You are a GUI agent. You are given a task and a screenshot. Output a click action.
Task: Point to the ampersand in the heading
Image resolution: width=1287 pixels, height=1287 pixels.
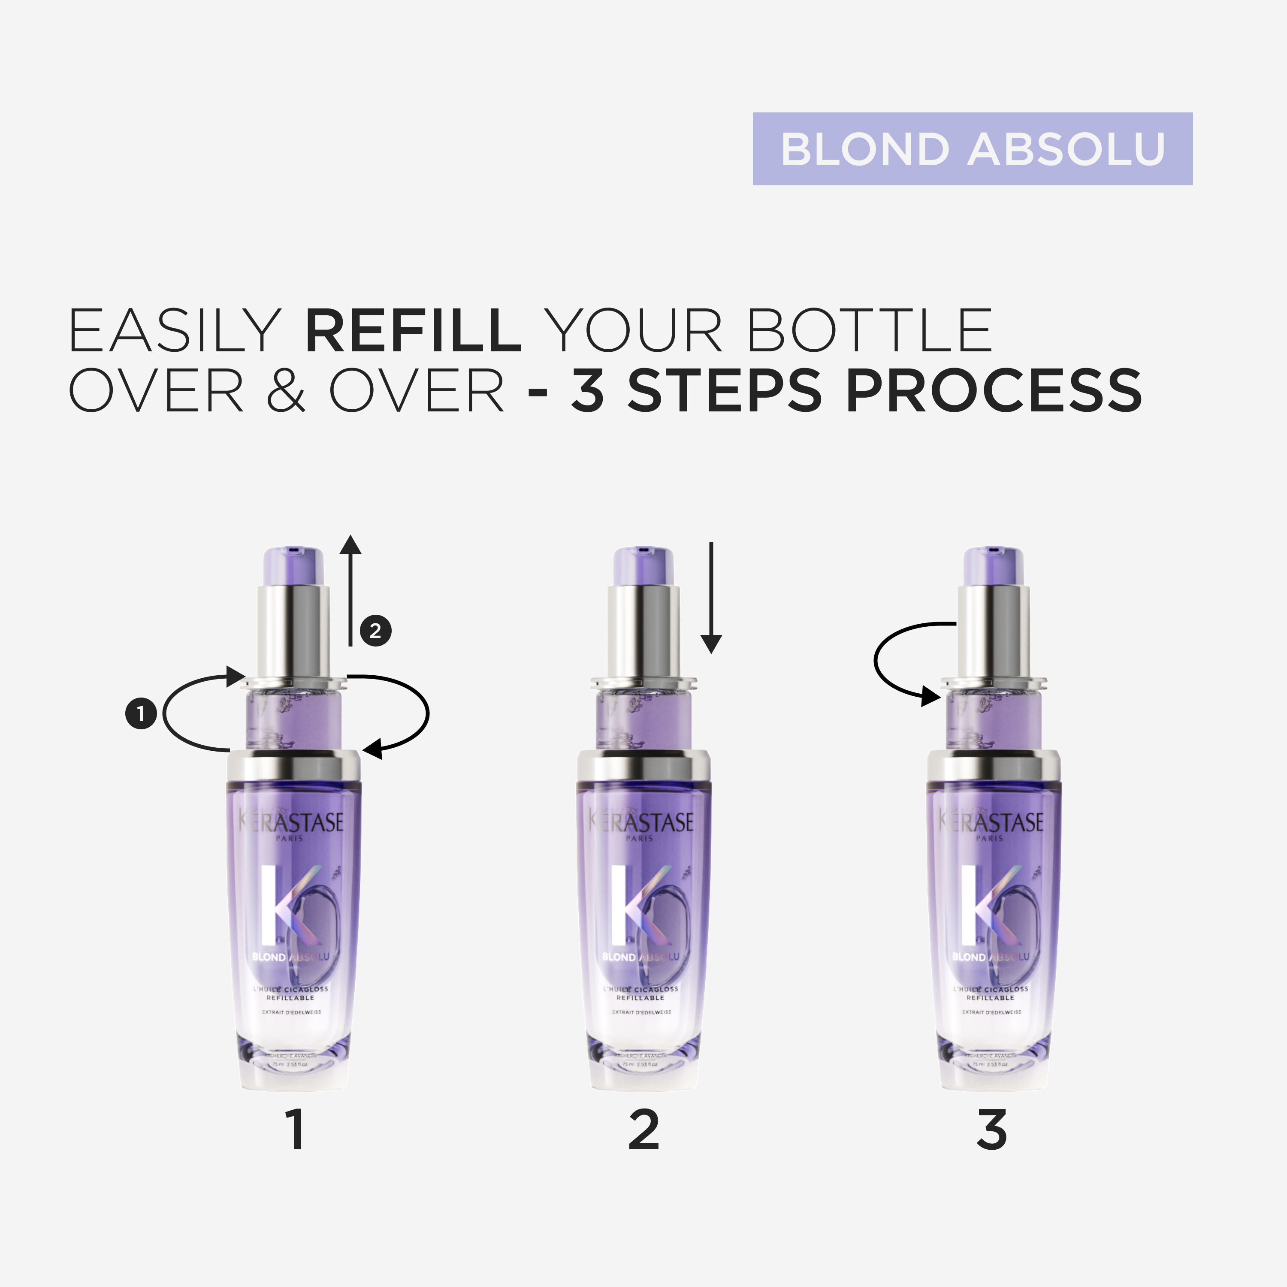click(286, 391)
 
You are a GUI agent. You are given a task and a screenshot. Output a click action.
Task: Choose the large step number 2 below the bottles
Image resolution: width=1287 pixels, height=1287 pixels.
click(643, 1130)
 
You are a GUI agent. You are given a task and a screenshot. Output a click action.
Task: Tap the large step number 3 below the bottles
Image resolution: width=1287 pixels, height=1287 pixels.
click(991, 1130)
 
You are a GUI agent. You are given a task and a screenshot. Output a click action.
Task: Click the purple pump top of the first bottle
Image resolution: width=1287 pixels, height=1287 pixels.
click(294, 565)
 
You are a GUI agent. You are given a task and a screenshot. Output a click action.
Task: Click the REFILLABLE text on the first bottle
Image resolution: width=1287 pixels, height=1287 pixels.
click(290, 998)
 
